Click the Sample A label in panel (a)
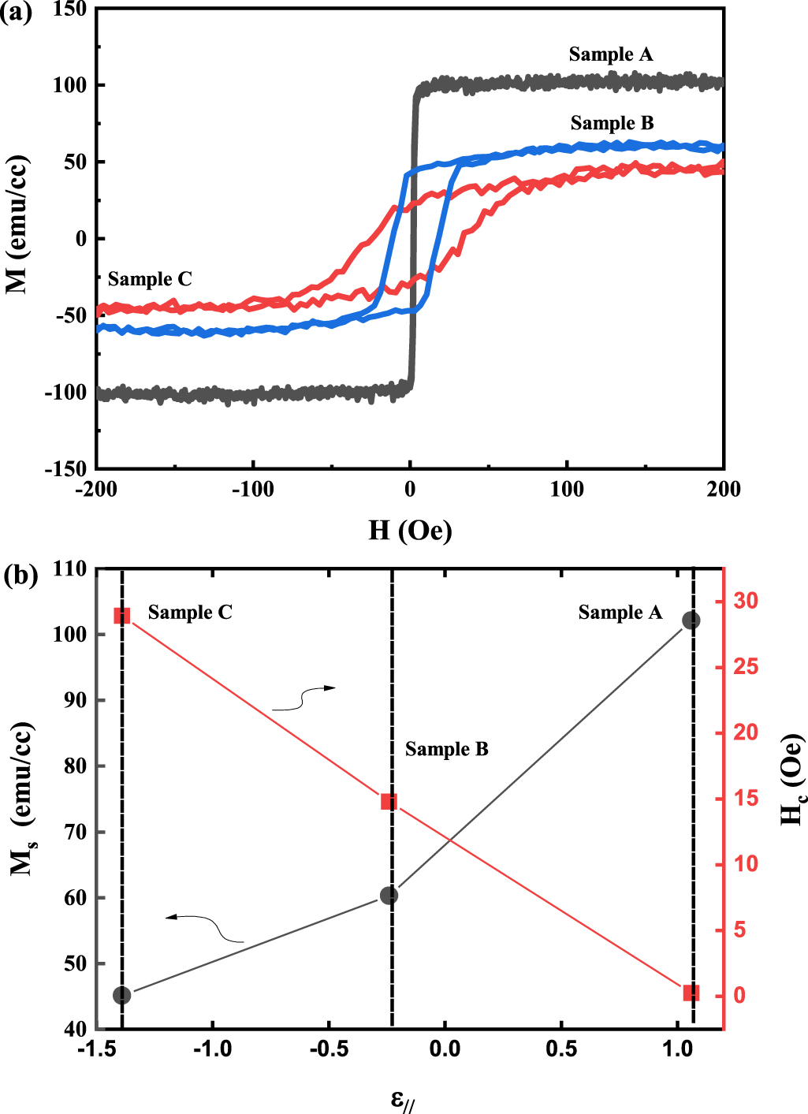coord(611,54)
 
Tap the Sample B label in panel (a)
coord(613,123)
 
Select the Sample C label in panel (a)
coord(150,279)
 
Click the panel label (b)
coord(20,575)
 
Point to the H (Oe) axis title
coord(410,530)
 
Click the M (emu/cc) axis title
coord(18,225)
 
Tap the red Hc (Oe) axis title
coord(791,781)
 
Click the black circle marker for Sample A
coord(691,620)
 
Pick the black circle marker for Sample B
coord(389,896)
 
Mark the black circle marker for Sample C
coord(121,995)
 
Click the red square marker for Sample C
coord(121,616)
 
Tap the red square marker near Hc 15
coord(389,802)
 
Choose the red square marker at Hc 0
coord(691,993)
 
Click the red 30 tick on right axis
coord(745,601)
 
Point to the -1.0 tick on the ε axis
coord(212,1049)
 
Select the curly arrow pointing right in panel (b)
coord(304,699)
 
